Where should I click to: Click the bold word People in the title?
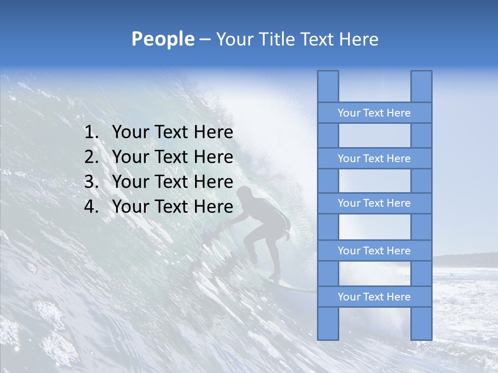click(162, 39)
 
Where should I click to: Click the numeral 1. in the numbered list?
click(91, 133)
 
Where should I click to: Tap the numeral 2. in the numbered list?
click(91, 157)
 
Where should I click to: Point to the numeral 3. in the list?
click(91, 182)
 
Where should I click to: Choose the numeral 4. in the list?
click(91, 207)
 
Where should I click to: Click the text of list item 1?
click(172, 133)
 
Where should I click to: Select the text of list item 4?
click(172, 207)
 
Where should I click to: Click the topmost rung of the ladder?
click(374, 113)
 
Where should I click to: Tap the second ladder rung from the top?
click(374, 159)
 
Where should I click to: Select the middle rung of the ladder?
click(374, 204)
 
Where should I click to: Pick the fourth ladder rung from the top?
click(374, 251)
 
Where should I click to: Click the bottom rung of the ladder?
click(374, 297)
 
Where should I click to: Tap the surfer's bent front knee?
click(246, 236)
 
